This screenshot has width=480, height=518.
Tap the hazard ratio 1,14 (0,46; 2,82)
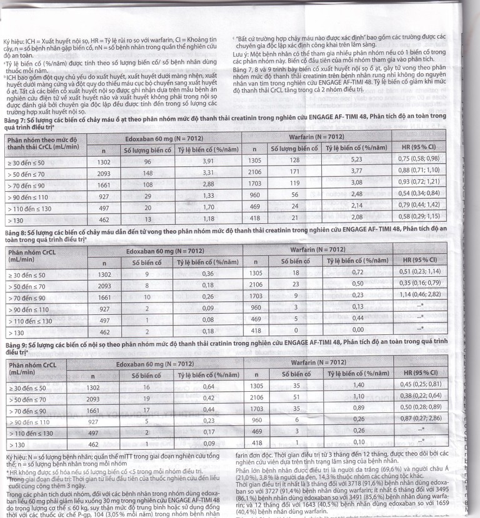427,295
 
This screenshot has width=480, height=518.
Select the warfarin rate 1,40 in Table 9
358,385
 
